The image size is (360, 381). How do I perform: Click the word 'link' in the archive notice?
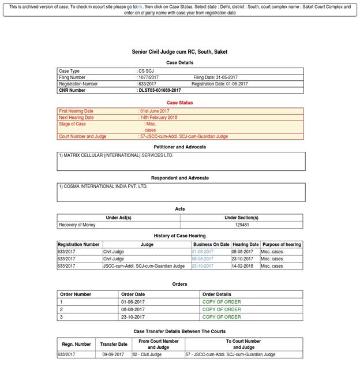click(x=140, y=7)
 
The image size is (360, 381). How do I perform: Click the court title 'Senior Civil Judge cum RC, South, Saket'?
click(x=179, y=52)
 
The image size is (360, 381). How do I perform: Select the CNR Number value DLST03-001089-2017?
click(x=159, y=91)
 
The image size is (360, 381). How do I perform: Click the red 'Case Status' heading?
click(x=179, y=103)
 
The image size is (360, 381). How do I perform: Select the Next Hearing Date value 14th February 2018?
click(x=159, y=118)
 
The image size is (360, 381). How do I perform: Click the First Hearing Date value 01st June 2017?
click(x=155, y=111)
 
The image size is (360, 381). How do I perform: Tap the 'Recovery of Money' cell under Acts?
click(x=77, y=225)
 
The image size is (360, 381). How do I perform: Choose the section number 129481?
click(x=241, y=225)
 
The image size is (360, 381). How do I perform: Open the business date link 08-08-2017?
click(x=202, y=259)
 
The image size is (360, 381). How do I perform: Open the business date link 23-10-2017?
click(x=202, y=266)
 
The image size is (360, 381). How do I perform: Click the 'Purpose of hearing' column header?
click(x=281, y=245)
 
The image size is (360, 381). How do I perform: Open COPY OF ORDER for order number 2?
click(x=222, y=309)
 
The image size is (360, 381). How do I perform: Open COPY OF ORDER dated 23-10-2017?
click(x=222, y=317)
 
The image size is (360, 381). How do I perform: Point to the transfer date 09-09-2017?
click(x=113, y=354)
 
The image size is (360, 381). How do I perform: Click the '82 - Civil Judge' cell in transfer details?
click(x=148, y=354)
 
